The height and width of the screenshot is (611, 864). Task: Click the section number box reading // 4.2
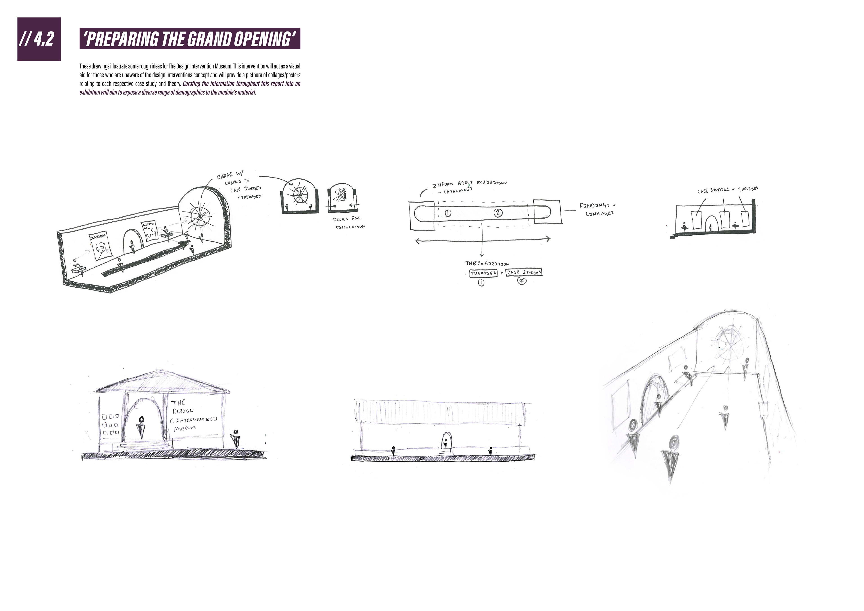[39, 39]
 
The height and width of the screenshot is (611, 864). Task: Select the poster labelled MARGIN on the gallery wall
[101, 246]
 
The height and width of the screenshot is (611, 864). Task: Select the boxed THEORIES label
[483, 273]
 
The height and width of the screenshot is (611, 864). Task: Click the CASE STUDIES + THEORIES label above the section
[727, 190]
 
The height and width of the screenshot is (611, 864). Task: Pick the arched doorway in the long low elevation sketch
[446, 441]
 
